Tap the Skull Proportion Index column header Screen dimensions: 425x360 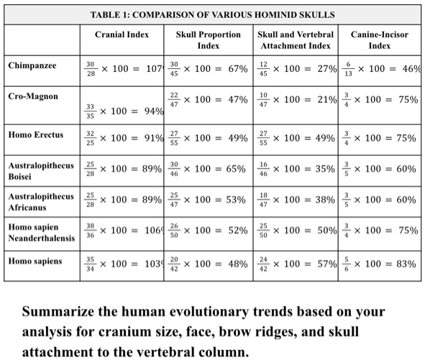[x=208, y=40]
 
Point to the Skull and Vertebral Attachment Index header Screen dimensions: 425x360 [x=295, y=40]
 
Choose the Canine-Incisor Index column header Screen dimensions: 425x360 [x=379, y=40]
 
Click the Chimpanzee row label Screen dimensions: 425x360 [x=32, y=65]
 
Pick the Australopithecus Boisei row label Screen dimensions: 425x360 [x=40, y=170]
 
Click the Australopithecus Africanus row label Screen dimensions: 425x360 [x=40, y=202]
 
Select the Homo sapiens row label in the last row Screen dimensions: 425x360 [x=33, y=260]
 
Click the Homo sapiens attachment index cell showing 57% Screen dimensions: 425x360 [x=296, y=264]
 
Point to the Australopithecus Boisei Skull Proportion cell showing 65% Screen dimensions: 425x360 [x=208, y=170]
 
